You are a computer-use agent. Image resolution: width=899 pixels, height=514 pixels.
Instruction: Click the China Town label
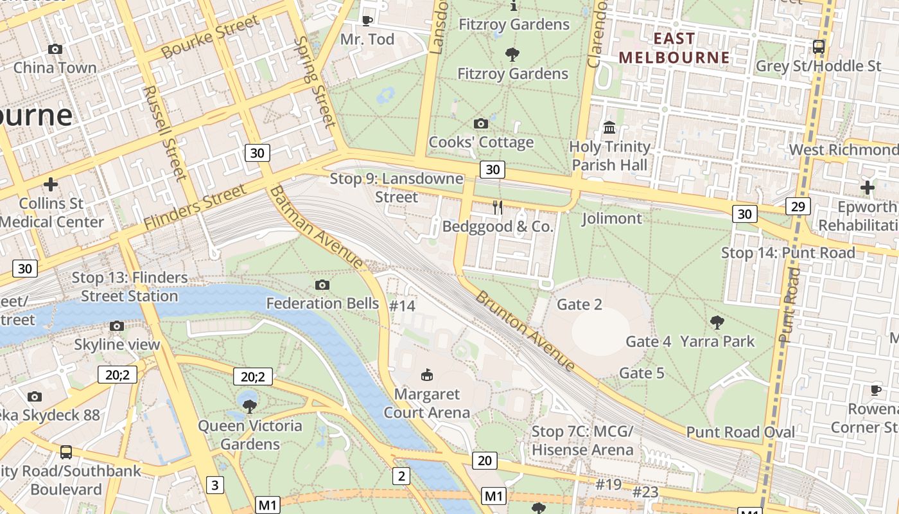(55, 67)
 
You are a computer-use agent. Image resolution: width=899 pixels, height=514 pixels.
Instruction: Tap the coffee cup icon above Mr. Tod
(367, 21)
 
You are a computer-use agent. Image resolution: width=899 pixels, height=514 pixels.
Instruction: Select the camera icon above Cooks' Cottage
(480, 123)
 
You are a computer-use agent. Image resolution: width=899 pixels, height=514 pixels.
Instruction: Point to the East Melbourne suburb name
(674, 48)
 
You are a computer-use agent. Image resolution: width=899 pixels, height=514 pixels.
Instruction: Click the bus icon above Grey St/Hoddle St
(818, 46)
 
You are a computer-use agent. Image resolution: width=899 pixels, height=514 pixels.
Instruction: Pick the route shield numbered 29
(798, 206)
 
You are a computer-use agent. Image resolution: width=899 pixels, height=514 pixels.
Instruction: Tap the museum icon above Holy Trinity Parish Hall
(609, 127)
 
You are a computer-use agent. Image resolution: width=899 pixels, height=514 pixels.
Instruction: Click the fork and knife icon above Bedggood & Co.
(497, 207)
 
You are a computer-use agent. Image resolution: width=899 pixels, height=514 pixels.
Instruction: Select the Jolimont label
(611, 218)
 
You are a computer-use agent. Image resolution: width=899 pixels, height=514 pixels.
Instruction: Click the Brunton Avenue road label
(525, 332)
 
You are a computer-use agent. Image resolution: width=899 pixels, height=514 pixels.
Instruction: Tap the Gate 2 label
(579, 304)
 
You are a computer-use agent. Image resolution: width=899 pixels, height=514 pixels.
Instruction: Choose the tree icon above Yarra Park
(717, 322)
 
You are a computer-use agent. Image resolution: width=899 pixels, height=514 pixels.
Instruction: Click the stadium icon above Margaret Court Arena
(426, 374)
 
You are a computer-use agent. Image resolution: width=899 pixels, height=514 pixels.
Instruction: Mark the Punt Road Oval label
(740, 432)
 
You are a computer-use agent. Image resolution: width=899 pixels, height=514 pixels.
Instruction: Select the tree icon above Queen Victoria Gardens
(250, 406)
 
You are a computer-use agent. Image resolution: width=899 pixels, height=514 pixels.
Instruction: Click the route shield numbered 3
(214, 484)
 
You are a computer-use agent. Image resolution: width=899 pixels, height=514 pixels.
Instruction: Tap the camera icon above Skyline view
(116, 326)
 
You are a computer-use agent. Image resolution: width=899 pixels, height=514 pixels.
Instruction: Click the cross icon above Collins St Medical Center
(50, 184)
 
